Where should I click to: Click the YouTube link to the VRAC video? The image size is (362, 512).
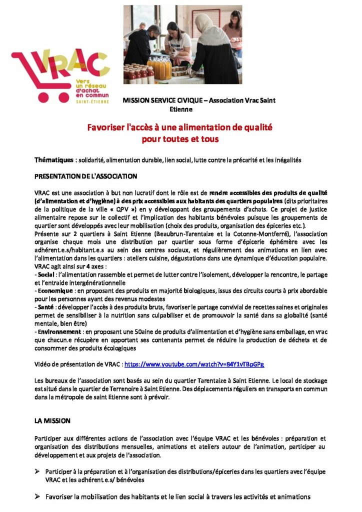tap(194, 364)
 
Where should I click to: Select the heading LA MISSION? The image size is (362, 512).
tap(52, 421)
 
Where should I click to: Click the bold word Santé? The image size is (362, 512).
tap(45, 306)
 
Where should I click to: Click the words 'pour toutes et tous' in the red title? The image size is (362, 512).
tap(180, 139)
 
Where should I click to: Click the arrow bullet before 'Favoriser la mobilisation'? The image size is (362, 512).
tap(37, 497)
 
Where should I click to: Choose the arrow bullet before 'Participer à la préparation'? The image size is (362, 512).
tap(37, 471)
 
